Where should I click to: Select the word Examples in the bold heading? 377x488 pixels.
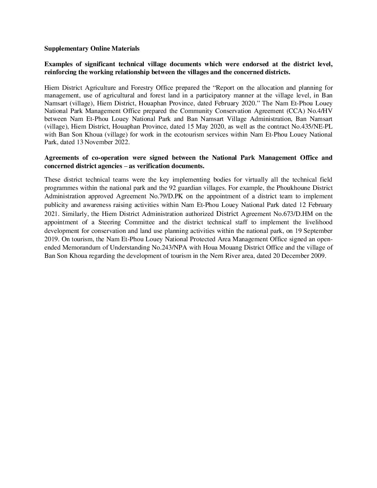57,64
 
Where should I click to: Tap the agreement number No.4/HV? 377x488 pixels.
321,111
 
